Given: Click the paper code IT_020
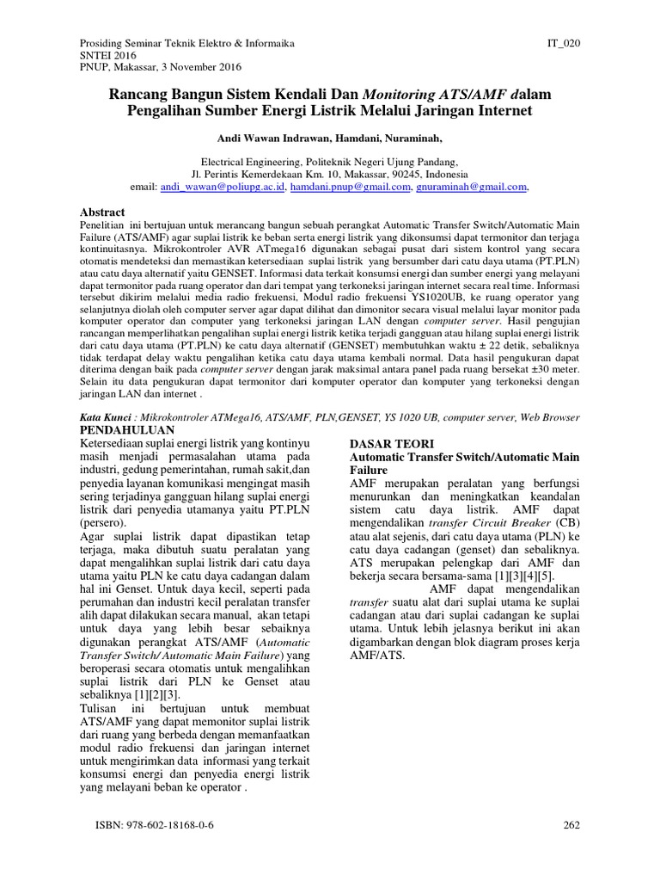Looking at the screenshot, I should tap(563, 42).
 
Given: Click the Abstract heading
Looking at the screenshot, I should tap(102, 213).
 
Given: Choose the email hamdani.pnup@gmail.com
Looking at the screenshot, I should tap(350, 187).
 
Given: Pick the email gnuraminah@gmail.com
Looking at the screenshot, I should tap(472, 187).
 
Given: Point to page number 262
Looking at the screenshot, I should tap(571, 826).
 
